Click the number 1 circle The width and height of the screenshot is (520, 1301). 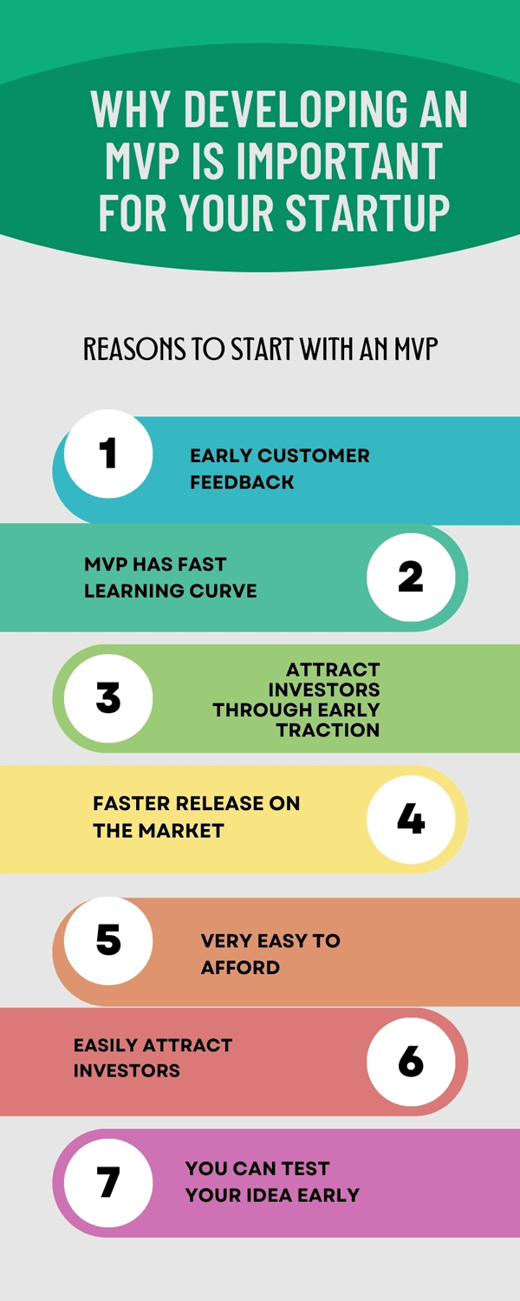(108, 454)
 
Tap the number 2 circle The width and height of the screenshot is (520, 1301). (411, 577)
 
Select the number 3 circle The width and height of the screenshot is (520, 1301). (108, 697)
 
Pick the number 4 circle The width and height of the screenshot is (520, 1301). (411, 820)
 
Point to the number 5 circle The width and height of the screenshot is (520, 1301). (108, 940)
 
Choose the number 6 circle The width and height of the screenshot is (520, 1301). (411, 1061)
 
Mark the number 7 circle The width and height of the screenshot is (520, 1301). (108, 1183)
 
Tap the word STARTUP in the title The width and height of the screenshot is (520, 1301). (368, 212)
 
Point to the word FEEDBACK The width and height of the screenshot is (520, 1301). (242, 482)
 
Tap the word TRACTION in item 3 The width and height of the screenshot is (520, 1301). (328, 730)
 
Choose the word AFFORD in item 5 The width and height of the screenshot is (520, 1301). (240, 968)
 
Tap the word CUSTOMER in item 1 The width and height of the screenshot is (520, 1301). (314, 455)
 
